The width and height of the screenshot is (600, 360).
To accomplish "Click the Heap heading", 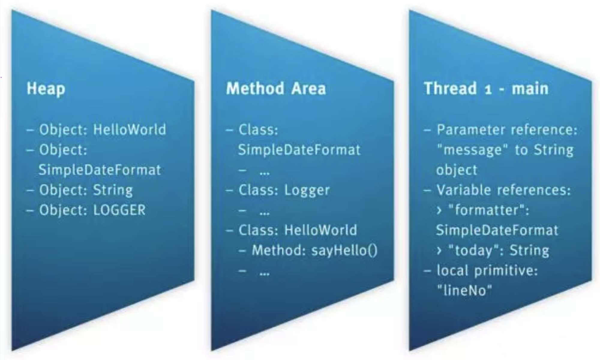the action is pyautogui.click(x=46, y=89).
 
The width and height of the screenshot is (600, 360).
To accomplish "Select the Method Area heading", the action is pyautogui.click(x=276, y=89).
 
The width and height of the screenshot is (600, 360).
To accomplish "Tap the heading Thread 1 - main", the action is pyautogui.click(x=486, y=89).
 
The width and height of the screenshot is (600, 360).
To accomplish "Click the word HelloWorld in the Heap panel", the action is pyautogui.click(x=130, y=129).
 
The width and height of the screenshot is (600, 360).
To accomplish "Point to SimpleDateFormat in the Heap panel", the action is pyautogui.click(x=100, y=170).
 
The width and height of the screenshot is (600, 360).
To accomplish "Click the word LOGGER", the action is pyautogui.click(x=119, y=210).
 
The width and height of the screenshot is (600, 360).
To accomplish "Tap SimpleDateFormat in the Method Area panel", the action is pyautogui.click(x=299, y=150).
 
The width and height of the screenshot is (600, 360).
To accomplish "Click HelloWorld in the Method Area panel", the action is pyautogui.click(x=320, y=230).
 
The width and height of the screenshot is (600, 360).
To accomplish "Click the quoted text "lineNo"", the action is pyautogui.click(x=464, y=290).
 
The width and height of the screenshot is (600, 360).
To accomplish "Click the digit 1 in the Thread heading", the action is pyautogui.click(x=488, y=89).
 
